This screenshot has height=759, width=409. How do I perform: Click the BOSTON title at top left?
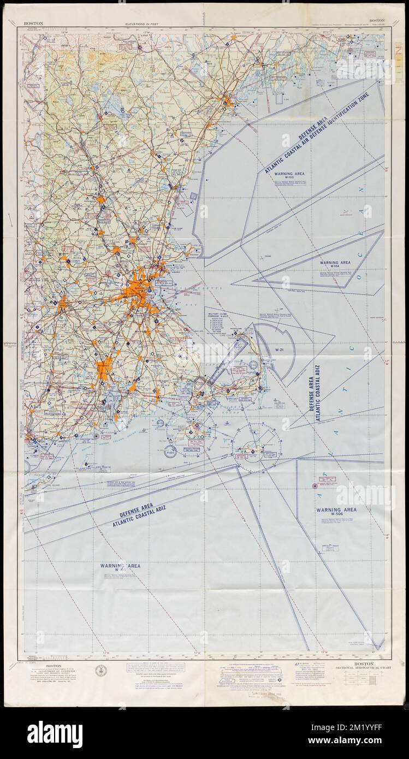(x=33, y=24)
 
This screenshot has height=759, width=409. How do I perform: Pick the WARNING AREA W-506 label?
(x=336, y=513)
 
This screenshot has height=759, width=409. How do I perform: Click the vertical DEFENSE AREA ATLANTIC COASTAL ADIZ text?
(x=313, y=394)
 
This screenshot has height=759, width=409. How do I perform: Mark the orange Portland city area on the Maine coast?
(x=228, y=100)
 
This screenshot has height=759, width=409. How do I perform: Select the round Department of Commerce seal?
(x=101, y=670)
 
